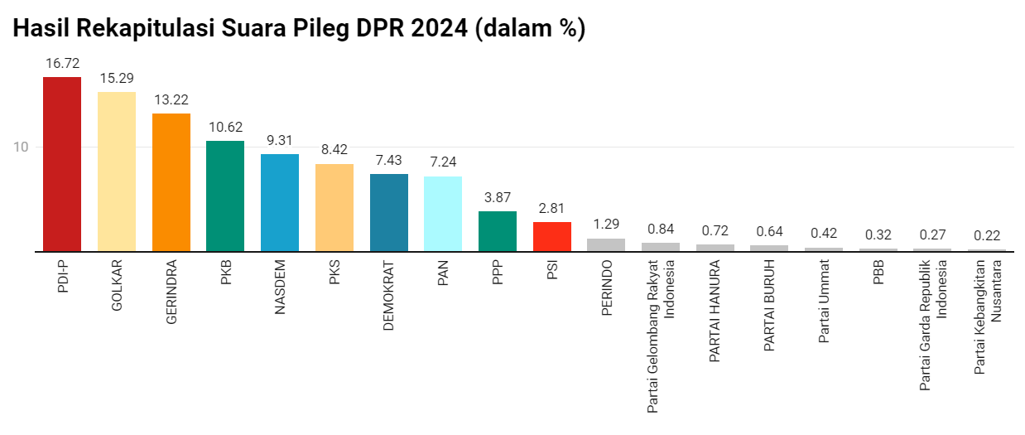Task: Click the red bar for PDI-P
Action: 62,163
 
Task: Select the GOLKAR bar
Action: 117,171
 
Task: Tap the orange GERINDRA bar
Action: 171,181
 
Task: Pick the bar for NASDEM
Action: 280,202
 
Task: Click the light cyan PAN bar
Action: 443,213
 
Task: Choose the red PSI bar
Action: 552,236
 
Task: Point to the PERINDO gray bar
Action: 606,244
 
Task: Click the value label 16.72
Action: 62,63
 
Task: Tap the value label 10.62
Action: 225,127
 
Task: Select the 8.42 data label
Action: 334,150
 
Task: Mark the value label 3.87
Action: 498,197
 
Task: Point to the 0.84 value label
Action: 661,229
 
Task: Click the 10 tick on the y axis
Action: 22,147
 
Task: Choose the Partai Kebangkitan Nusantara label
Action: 987,317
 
